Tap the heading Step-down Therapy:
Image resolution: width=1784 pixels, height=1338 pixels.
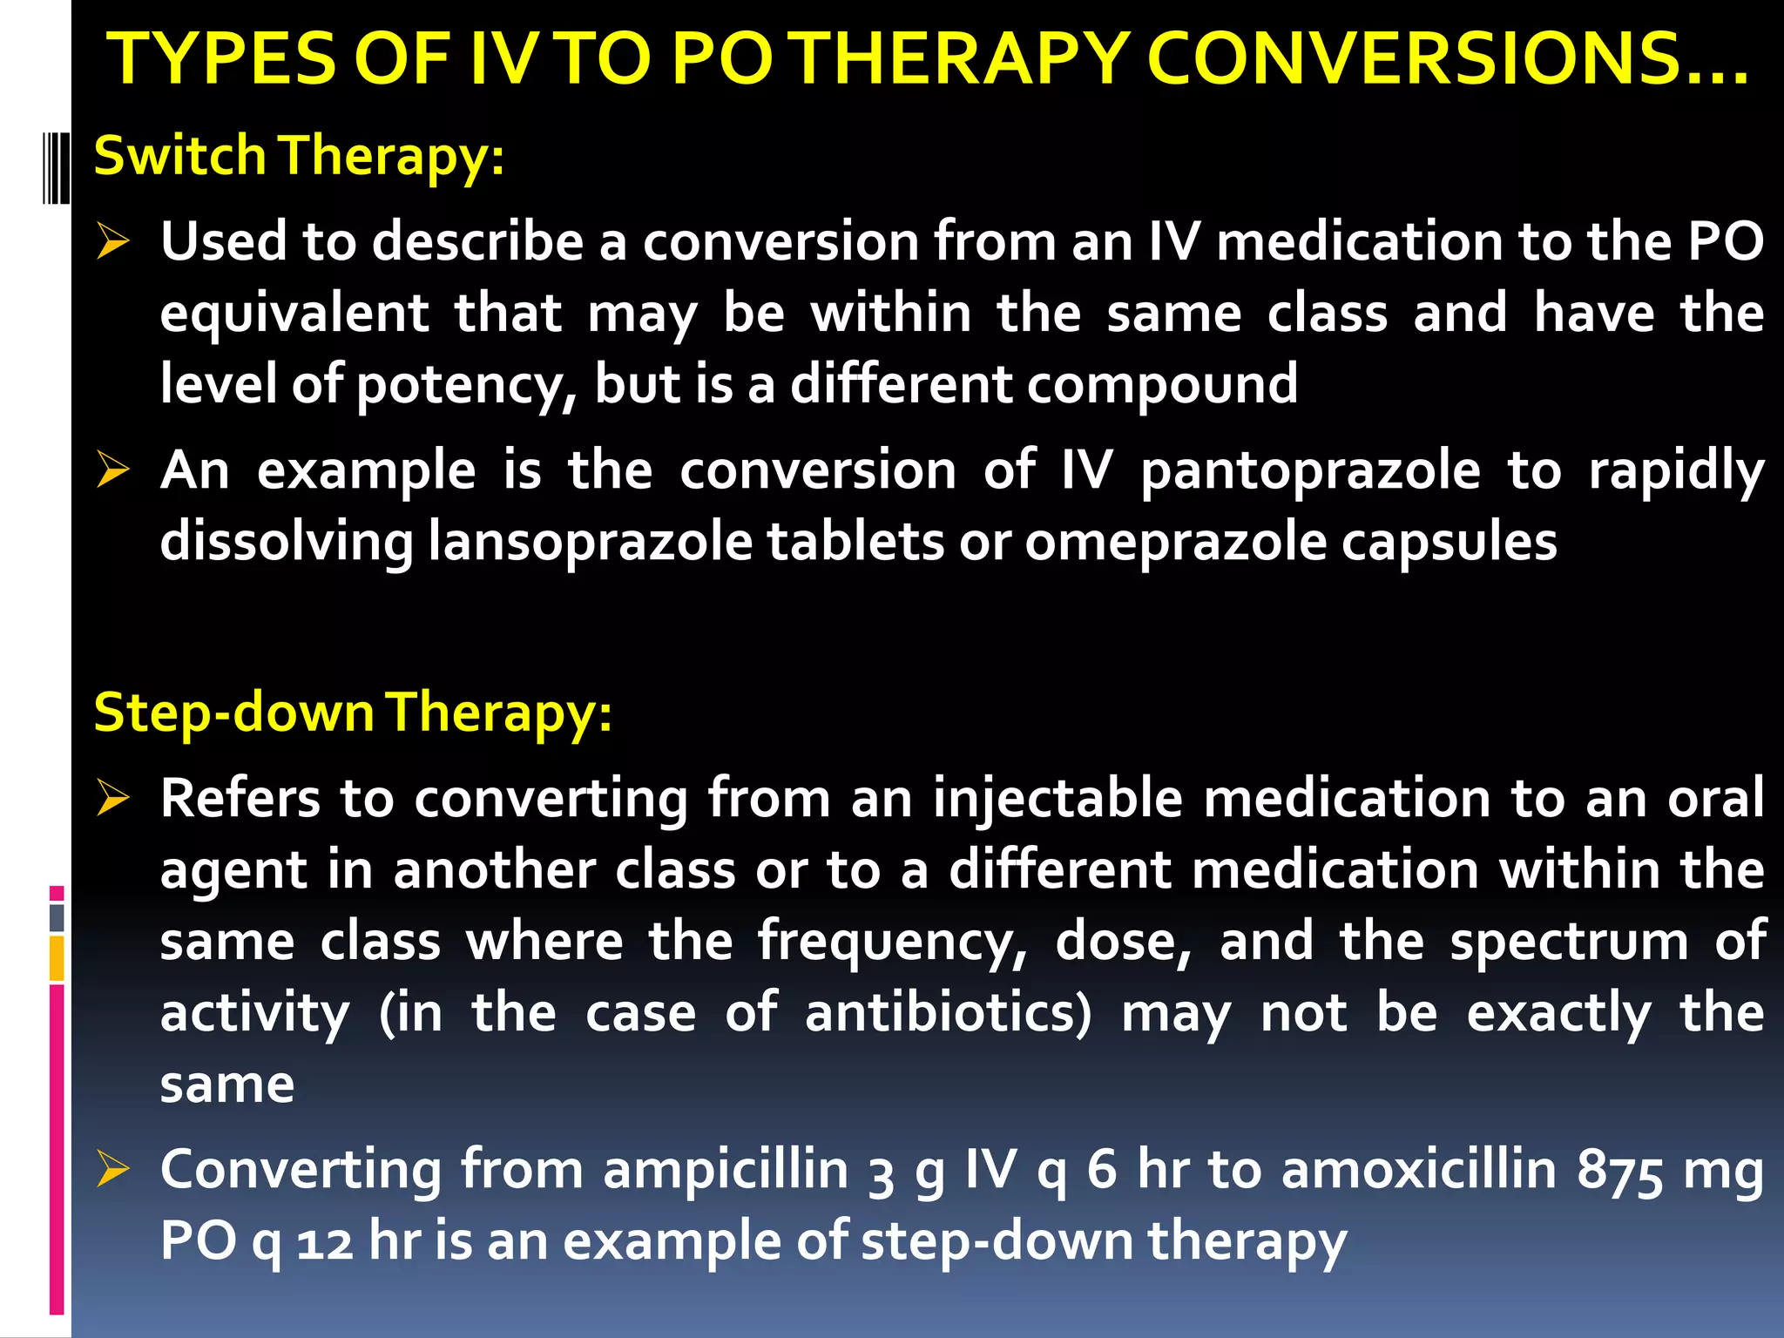coord(353,713)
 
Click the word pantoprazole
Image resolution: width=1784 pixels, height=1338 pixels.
coord(1310,471)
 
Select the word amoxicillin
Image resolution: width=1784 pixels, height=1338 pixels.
coord(1419,1169)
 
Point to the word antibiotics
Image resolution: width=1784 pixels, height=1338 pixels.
coord(947,1013)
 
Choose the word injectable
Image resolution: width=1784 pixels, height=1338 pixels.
coord(1058,799)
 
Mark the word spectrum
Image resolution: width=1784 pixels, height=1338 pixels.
coord(1569,942)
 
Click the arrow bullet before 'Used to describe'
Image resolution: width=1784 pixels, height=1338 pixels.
coord(113,241)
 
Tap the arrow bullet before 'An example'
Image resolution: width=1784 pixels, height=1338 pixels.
coord(113,470)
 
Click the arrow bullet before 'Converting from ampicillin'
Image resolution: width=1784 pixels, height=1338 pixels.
coord(113,1169)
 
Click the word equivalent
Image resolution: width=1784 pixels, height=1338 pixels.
coord(294,314)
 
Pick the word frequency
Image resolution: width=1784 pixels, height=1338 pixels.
coord(892,942)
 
